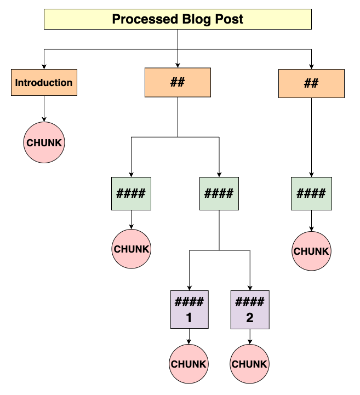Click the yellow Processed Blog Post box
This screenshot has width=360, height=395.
click(178, 20)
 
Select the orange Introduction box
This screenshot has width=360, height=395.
click(44, 83)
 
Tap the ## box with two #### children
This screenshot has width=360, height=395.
click(178, 83)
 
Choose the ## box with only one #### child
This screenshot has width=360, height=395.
click(311, 83)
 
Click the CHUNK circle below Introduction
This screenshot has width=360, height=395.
click(44, 142)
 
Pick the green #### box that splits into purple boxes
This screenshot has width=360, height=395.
click(219, 193)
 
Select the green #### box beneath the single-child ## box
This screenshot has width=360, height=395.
click(311, 193)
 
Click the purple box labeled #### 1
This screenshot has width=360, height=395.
click(189, 309)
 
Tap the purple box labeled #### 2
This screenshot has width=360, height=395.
click(250, 309)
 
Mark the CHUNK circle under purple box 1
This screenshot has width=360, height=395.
click(189, 364)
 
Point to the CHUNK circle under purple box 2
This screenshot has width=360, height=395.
click(250, 364)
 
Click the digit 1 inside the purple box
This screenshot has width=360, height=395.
click(189, 317)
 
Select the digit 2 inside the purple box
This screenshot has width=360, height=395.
click(250, 317)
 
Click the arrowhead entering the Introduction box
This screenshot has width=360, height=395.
click(44, 67)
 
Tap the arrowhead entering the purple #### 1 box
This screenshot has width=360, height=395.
click(189, 287)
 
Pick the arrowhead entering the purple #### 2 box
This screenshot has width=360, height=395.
click(250, 287)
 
